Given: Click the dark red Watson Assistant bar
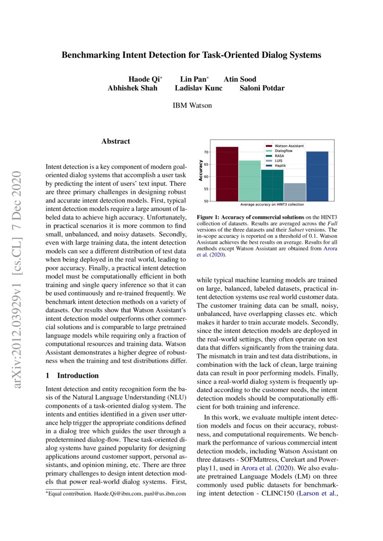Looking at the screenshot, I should [x=227, y=174].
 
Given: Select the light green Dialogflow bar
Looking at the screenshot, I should [x=250, y=181].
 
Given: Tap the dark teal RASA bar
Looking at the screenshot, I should [x=272, y=185].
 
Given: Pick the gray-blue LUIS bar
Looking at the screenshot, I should [x=295, y=192].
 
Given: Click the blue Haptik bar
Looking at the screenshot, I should [x=317, y=176].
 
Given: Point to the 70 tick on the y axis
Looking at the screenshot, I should [x=207, y=152].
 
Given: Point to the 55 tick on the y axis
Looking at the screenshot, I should [x=207, y=189].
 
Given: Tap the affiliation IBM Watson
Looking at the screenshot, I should [x=192, y=106].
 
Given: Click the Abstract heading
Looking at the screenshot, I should [x=116, y=141].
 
